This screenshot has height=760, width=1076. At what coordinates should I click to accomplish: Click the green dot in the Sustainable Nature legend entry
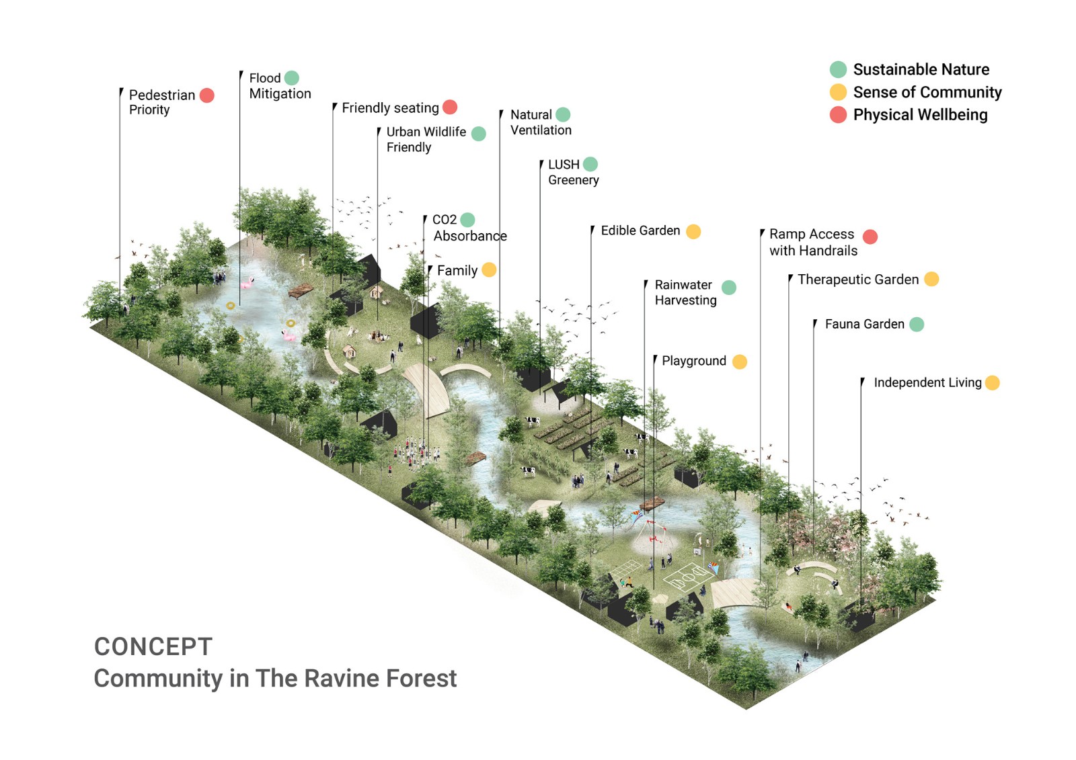click(x=838, y=69)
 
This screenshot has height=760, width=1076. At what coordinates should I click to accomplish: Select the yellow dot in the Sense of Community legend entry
click(x=838, y=92)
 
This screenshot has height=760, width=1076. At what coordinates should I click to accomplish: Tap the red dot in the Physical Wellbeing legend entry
click(x=838, y=115)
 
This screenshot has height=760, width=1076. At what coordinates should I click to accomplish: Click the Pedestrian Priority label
click(x=161, y=102)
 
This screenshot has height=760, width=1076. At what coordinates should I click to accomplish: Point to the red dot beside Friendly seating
click(x=450, y=107)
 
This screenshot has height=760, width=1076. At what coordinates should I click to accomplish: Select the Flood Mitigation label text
click(x=279, y=86)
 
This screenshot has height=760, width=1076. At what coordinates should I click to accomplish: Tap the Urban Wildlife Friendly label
click(x=426, y=139)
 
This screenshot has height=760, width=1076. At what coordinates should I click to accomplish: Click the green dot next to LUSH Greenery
click(x=590, y=164)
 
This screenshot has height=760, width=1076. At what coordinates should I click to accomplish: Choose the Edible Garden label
click(x=640, y=230)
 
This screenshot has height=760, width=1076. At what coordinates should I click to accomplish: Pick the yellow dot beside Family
click(x=489, y=269)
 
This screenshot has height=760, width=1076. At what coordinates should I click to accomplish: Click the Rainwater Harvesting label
click(x=685, y=292)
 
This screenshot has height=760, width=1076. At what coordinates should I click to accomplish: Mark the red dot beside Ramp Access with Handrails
click(x=870, y=237)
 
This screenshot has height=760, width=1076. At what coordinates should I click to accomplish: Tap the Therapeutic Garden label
click(x=857, y=280)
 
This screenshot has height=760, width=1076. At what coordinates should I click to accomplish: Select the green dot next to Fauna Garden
click(x=917, y=325)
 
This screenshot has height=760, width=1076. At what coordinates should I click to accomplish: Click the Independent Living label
click(x=927, y=382)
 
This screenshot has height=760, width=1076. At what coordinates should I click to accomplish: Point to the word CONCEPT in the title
click(x=153, y=646)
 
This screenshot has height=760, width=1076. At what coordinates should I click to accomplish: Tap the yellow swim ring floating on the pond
click(x=231, y=306)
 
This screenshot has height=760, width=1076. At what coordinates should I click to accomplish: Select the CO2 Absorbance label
click(x=469, y=228)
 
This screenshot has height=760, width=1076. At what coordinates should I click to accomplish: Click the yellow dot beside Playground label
click(x=739, y=362)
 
